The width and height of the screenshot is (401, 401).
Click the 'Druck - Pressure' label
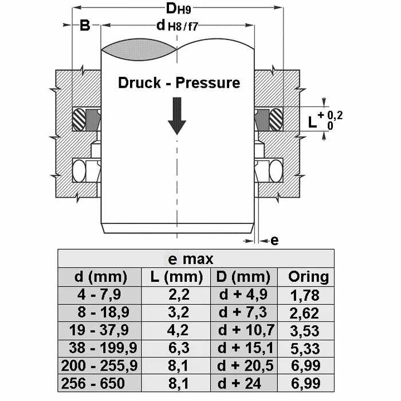coord(179,82)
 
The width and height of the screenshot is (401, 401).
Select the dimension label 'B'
coord(85,26)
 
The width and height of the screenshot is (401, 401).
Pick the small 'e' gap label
coord(274,241)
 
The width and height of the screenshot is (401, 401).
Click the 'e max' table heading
coord(196,259)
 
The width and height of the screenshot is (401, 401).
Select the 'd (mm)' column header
coord(100,277)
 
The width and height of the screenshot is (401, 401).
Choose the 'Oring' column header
coord(308,277)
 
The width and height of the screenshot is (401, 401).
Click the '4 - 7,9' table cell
coord(100,295)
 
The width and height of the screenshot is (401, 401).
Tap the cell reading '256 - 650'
coord(100,384)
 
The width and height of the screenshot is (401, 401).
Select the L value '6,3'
coord(176,348)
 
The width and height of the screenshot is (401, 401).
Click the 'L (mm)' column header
coord(176,277)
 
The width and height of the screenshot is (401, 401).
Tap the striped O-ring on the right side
coord(276,119)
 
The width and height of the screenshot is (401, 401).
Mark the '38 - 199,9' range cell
coord(100,348)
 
